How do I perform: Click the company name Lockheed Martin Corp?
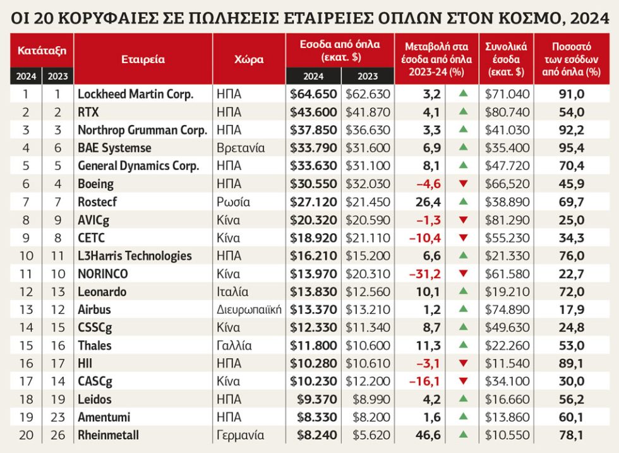point(135,94)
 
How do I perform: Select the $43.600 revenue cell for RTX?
point(313,112)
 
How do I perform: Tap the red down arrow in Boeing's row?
point(464,184)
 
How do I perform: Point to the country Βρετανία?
point(241,148)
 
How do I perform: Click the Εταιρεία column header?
point(143,59)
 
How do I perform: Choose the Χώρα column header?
point(249,59)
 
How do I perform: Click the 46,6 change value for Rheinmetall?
point(428,435)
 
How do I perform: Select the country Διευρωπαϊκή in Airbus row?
point(249,310)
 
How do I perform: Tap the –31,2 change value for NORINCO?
point(424,274)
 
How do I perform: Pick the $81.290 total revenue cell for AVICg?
point(507,220)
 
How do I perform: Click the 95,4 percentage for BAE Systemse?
point(571,148)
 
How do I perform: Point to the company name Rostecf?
point(97,202)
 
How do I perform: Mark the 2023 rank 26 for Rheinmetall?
point(57,435)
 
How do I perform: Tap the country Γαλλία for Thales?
point(234,346)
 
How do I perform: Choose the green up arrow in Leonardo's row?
point(464,291)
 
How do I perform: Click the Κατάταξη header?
point(42,51)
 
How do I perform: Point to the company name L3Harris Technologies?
point(135,256)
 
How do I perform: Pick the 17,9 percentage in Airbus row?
point(571,310)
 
